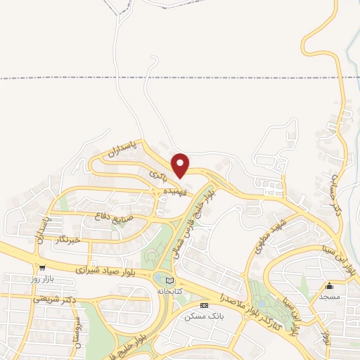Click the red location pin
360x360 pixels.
pos(181,165)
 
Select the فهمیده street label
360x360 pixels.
pos(175,191)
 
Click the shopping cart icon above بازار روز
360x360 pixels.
pos(42,268)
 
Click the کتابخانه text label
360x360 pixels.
pos(169,290)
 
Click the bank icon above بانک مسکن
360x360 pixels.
pos(204,305)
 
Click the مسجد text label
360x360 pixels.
pos(330,297)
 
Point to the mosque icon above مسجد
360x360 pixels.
pos(329,285)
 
